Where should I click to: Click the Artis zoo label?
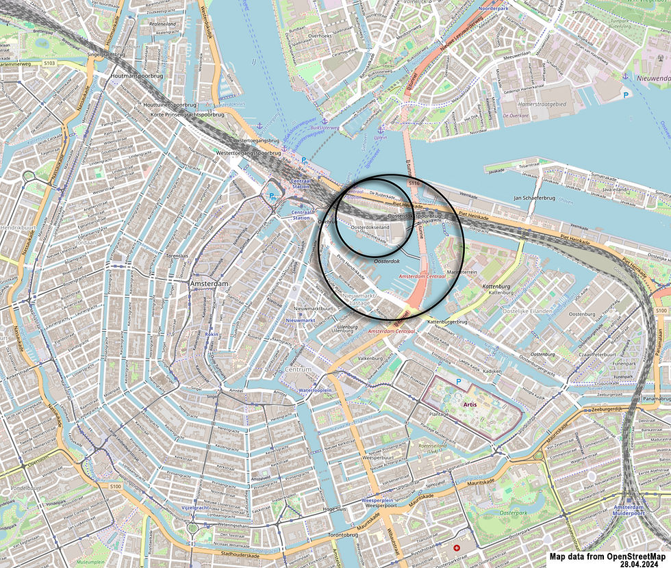coord(469,404)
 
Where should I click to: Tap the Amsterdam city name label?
coord(208,283)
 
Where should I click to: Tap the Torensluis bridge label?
coord(177,255)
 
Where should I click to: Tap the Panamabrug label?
coord(656,398)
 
